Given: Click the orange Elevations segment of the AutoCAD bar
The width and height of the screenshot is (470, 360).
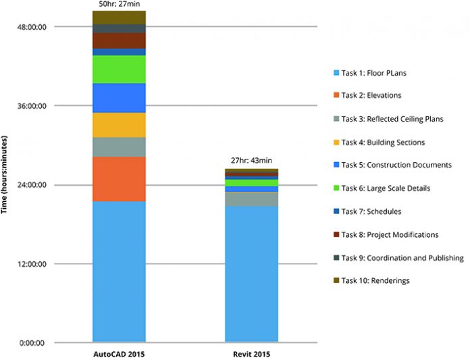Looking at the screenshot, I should [119, 179].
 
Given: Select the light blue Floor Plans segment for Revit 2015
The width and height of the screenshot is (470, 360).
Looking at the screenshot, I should [251, 274].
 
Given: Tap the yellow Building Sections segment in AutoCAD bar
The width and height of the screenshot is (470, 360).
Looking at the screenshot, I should [119, 125].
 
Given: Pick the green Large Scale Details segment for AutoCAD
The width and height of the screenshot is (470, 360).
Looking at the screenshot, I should [119, 69].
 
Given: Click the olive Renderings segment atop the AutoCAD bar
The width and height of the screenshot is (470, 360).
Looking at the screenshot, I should [119, 18].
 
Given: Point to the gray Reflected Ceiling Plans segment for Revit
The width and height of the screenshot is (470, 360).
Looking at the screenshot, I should [251, 199].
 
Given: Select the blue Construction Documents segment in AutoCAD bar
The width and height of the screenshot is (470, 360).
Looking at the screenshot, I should [119, 97].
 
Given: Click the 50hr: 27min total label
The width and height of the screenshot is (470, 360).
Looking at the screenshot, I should [119, 5].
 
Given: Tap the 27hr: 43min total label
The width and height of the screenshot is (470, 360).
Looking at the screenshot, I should [251, 161].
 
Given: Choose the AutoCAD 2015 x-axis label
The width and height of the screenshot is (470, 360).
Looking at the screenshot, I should [119, 354].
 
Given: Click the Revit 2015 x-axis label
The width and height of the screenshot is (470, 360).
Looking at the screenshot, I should [251, 354].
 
